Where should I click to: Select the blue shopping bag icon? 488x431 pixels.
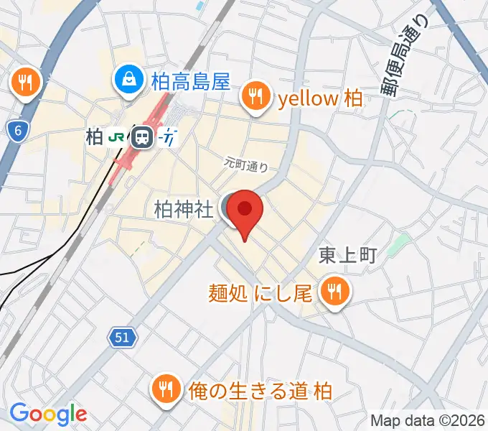[x=129, y=80]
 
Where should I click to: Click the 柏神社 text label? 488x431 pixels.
[x=184, y=209]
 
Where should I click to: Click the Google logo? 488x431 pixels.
[x=47, y=414]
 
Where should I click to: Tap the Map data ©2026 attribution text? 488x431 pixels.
[x=428, y=420]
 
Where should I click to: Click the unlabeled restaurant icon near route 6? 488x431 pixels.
[x=27, y=83]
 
